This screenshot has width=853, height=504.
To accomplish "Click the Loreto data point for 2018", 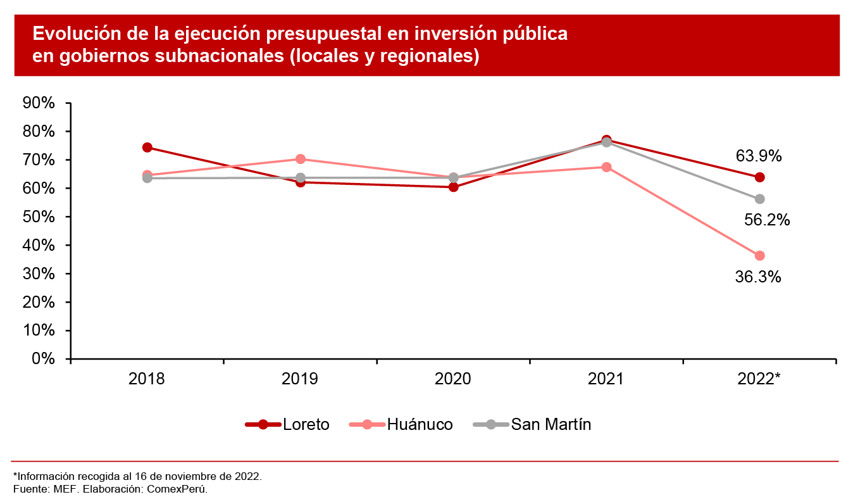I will point(147,148).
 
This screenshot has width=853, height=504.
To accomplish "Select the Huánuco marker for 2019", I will point(301,159).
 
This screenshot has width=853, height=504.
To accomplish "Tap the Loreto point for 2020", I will point(454,187).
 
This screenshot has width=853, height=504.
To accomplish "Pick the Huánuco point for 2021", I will point(606,167).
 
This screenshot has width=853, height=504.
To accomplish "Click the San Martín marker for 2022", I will point(759,199).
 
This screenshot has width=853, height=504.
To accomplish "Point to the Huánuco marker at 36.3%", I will point(759,256).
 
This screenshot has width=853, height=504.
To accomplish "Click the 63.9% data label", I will point(759,156).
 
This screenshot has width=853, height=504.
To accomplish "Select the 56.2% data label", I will point(766,220).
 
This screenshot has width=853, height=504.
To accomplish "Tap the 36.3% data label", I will point(757,277).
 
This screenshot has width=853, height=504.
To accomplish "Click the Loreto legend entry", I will point(287,424).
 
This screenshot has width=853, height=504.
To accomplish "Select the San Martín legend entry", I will point(532,424).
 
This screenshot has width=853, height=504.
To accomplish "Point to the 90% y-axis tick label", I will point(39,103).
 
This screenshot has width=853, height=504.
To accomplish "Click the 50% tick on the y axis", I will point(39,217).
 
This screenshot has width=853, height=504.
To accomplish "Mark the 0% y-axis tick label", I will point(43,359).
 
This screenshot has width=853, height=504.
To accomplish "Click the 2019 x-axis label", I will point(301,379).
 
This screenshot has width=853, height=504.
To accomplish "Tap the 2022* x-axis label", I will point(759,379).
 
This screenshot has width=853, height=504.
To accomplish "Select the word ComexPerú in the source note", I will point(178,489).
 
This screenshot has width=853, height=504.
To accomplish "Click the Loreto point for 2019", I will point(301,182).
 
